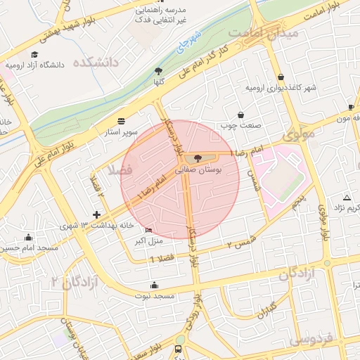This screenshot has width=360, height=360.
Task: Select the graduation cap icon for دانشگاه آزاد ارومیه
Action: pyautogui.click(x=34, y=54)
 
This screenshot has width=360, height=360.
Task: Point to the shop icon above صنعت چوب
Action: pyautogui.click(x=241, y=114)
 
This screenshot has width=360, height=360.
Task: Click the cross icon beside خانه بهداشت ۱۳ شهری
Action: pyautogui.click(x=97, y=214)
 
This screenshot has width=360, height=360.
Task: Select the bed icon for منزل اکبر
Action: pyautogui.click(x=148, y=230)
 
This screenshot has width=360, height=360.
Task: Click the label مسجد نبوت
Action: pyautogui.click(x=155, y=296)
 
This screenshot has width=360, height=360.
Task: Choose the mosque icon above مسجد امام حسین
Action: pyautogui.click(x=27, y=237)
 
